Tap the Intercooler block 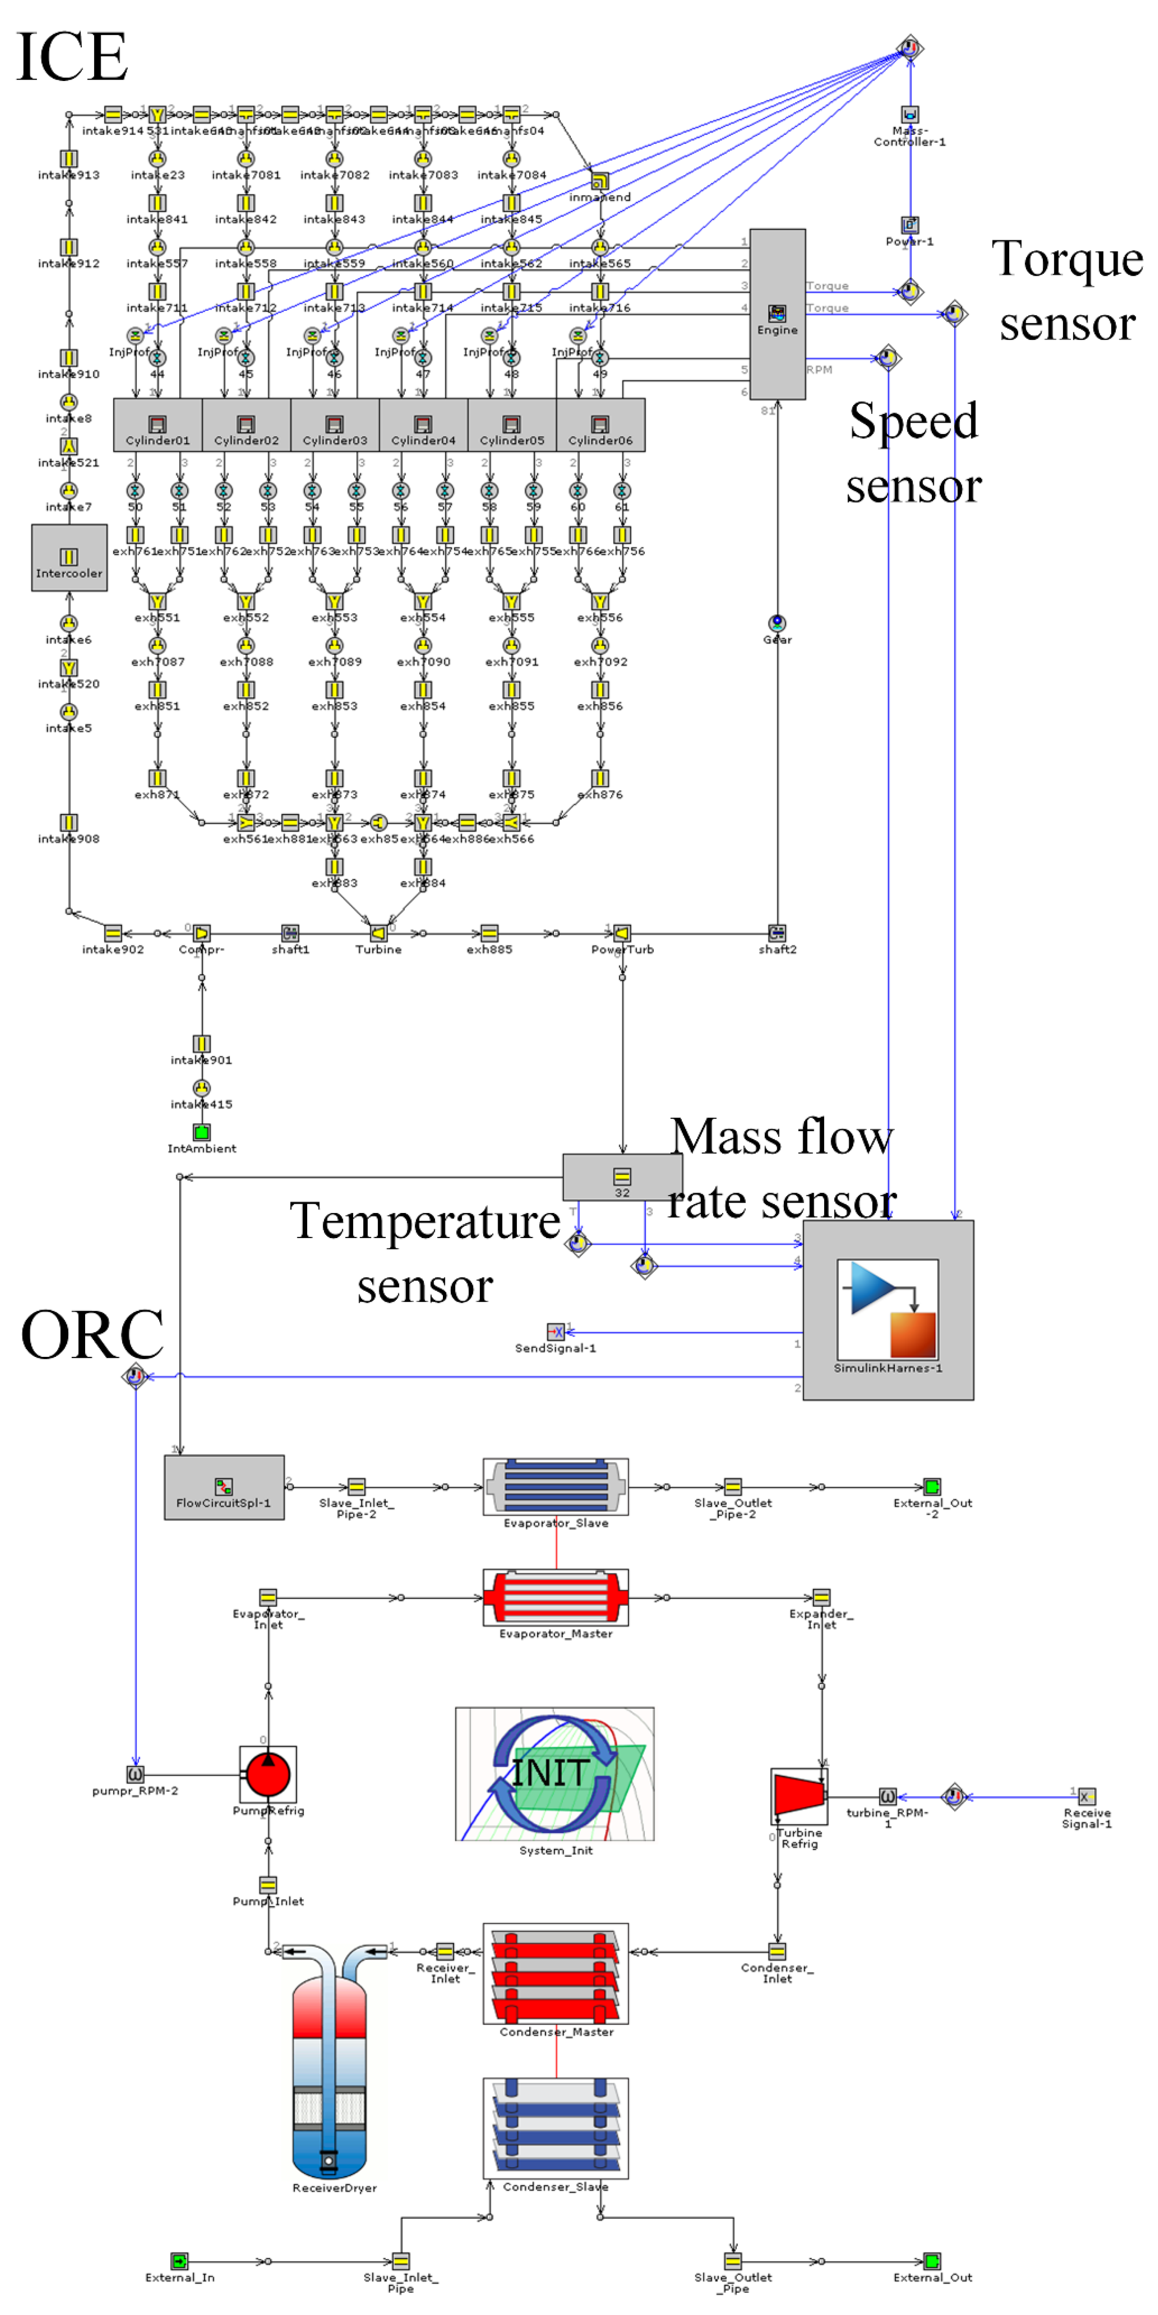[69, 558]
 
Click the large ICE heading [72, 57]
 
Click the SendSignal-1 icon [556, 1332]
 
